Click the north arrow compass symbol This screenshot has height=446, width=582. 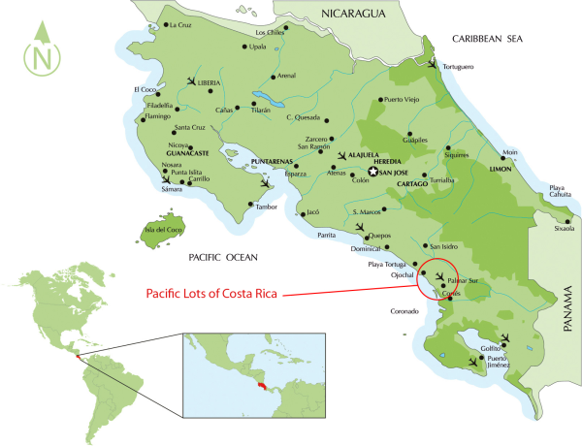(42, 52)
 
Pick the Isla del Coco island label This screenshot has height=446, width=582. (164, 230)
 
